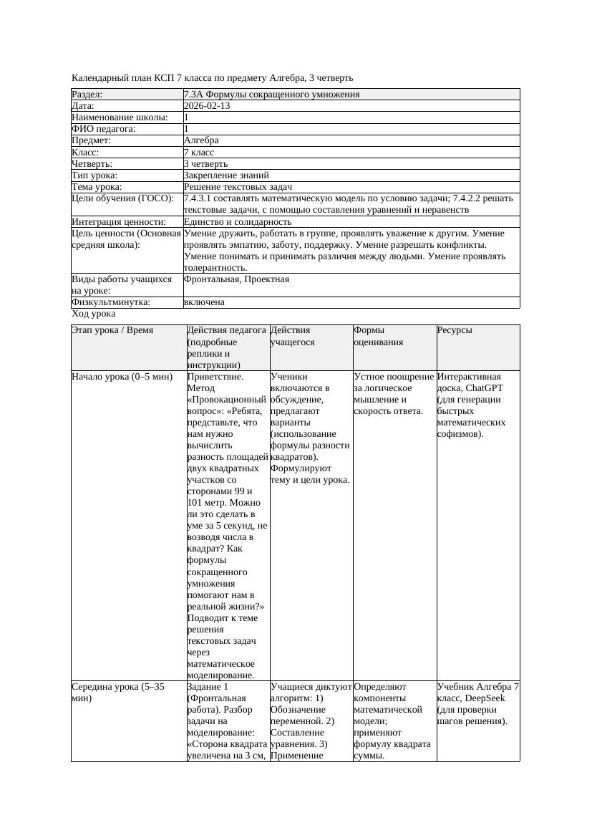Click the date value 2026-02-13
click(207, 106)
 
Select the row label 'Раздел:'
click(87, 95)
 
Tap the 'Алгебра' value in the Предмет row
click(201, 140)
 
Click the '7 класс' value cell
click(199, 152)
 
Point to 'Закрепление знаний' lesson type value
click(226, 175)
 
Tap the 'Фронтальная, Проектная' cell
click(236, 279)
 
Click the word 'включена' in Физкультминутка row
click(204, 302)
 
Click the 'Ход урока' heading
click(94, 314)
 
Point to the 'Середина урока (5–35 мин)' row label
click(118, 692)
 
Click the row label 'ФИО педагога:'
click(104, 129)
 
